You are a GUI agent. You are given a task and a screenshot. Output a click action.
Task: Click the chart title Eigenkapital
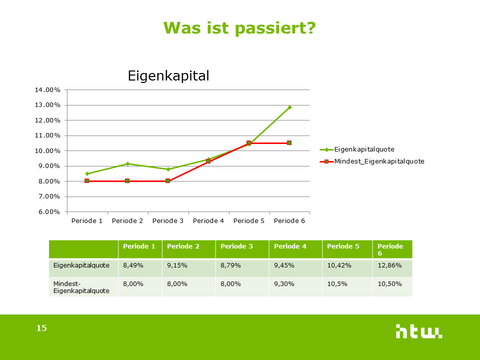click(x=168, y=76)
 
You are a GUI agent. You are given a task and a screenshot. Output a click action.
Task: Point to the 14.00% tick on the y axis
click(x=47, y=90)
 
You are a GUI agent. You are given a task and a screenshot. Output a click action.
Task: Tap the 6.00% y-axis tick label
click(x=47, y=211)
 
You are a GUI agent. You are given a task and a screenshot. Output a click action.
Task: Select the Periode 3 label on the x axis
click(x=168, y=220)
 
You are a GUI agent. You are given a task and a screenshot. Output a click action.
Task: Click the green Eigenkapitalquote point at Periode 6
click(x=289, y=107)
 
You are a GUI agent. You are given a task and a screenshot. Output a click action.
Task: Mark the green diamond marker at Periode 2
click(x=127, y=163)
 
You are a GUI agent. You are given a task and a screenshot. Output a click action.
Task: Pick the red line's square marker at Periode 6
click(x=289, y=143)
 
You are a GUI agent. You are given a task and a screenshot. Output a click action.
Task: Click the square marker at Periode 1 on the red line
click(x=86, y=180)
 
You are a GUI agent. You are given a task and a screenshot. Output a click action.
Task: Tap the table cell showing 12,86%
click(x=390, y=265)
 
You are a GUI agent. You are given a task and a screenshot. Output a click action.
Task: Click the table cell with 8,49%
click(x=133, y=265)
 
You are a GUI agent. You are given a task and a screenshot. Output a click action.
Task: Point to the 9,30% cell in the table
click(x=283, y=283)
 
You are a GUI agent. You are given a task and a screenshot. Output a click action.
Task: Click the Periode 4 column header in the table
click(x=290, y=246)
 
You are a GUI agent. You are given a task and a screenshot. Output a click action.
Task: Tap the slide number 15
click(x=41, y=328)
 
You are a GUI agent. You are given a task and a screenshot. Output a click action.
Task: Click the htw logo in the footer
click(x=418, y=331)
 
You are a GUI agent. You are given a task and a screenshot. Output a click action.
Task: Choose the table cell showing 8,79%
click(x=230, y=265)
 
